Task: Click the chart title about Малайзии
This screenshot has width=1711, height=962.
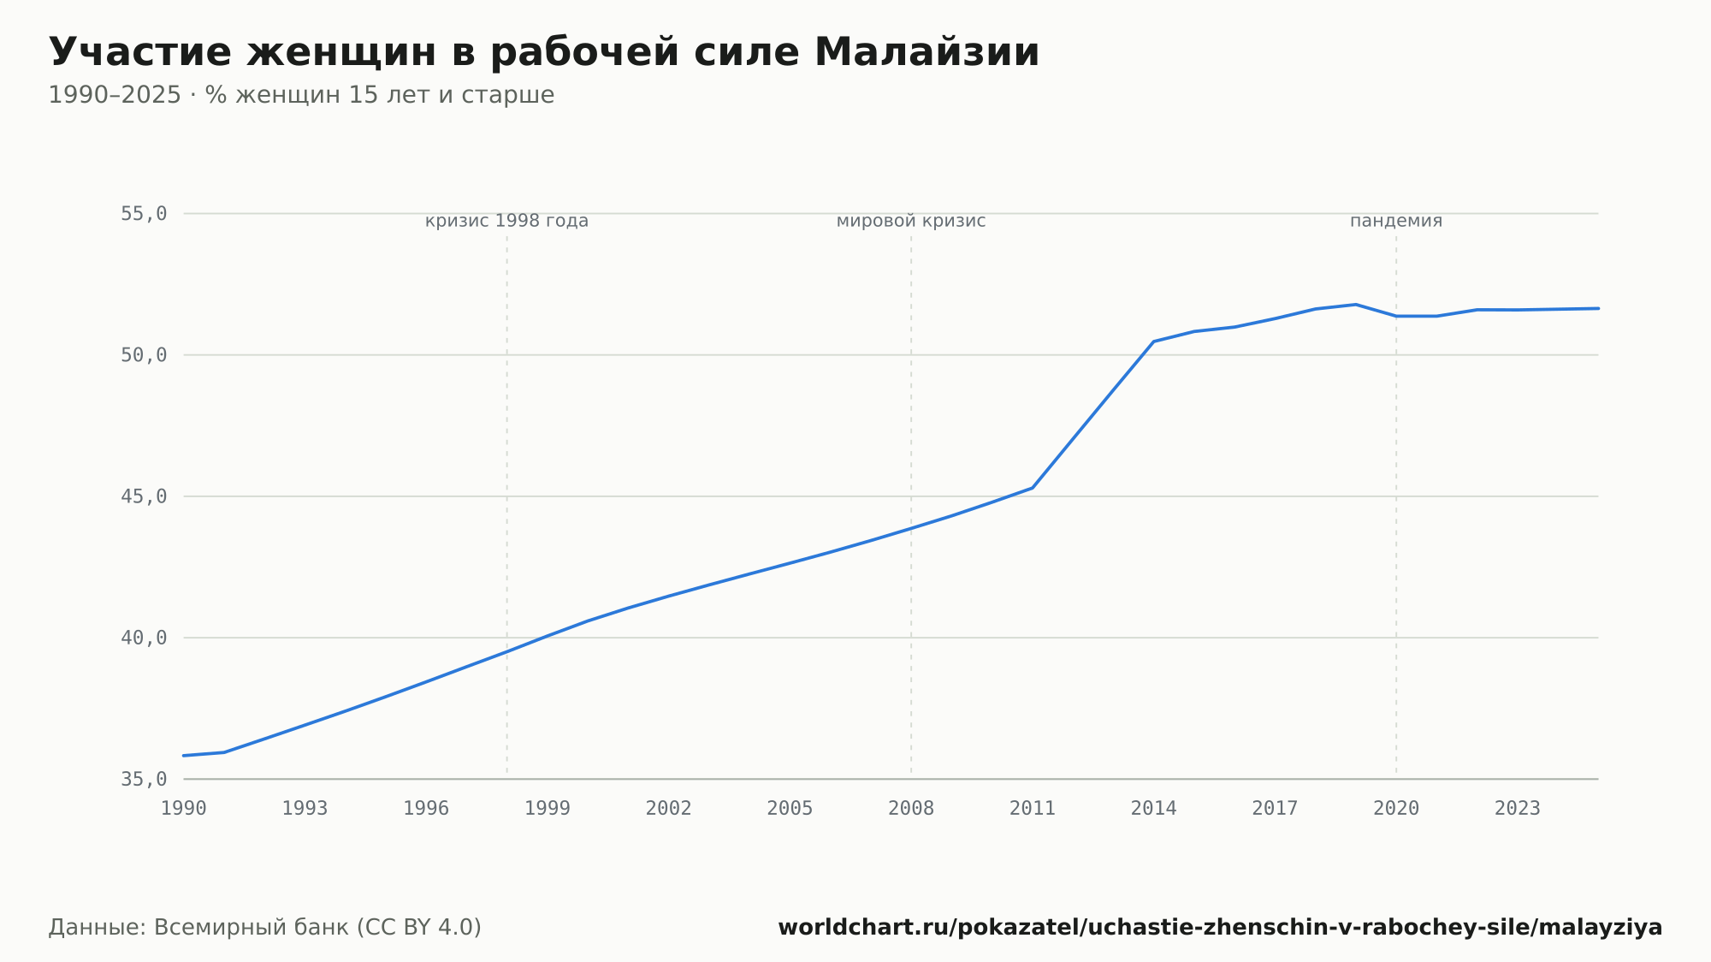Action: (x=544, y=52)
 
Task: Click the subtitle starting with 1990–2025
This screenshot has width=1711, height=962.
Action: (x=301, y=95)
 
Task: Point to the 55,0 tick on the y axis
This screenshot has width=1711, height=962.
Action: (x=144, y=214)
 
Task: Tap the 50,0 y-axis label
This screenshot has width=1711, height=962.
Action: (x=144, y=355)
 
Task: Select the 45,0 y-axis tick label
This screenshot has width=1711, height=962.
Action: (x=144, y=496)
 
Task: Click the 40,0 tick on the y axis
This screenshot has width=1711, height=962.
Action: (x=144, y=638)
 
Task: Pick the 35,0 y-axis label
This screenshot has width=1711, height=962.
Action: (x=144, y=779)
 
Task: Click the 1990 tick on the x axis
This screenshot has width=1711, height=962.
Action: (x=184, y=809)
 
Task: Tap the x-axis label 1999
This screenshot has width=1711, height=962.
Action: (x=548, y=809)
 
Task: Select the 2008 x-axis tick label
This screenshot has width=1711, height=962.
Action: (x=911, y=809)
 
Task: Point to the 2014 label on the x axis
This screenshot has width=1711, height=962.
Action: (x=1154, y=809)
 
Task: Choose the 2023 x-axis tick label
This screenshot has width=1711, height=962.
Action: (x=1518, y=809)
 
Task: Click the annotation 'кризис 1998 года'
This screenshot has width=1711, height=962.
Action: (x=506, y=221)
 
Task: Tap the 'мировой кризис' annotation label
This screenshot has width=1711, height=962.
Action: (x=911, y=221)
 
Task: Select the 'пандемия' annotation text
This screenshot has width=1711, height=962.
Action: (x=1396, y=221)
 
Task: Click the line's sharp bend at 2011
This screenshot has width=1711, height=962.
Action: (x=1033, y=488)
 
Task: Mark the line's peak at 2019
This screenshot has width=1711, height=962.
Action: (x=1356, y=305)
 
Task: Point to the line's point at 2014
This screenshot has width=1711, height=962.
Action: (x=1154, y=341)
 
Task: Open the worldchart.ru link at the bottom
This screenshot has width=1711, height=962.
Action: (x=1220, y=927)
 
